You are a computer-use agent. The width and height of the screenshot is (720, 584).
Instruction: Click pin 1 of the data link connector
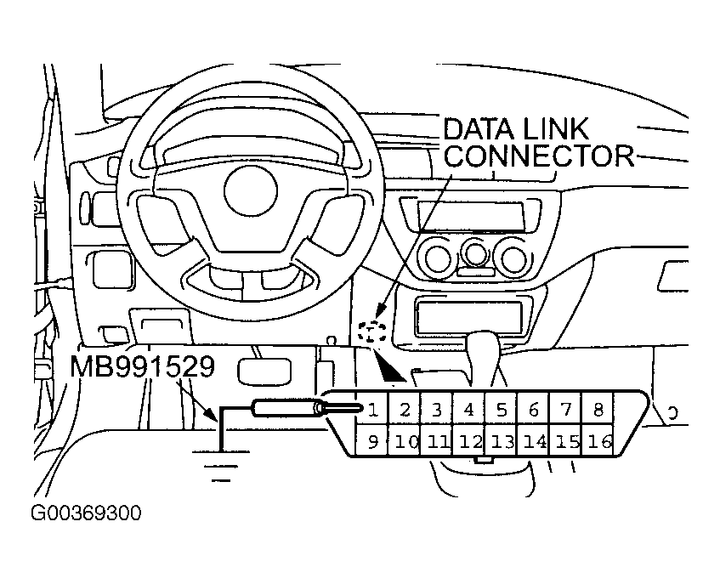click(x=372, y=410)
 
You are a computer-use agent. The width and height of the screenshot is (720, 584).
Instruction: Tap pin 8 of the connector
click(x=598, y=410)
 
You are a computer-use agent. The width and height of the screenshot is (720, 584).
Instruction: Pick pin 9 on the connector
click(x=371, y=441)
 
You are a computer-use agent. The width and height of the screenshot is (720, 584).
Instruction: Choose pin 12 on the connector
click(x=468, y=441)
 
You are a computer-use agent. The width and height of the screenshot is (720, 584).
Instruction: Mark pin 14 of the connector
click(x=534, y=441)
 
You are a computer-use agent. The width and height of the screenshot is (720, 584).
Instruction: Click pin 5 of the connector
click(x=501, y=410)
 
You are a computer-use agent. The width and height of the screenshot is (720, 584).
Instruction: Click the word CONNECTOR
click(x=540, y=156)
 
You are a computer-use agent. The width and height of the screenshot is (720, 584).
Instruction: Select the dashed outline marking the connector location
click(x=371, y=332)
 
